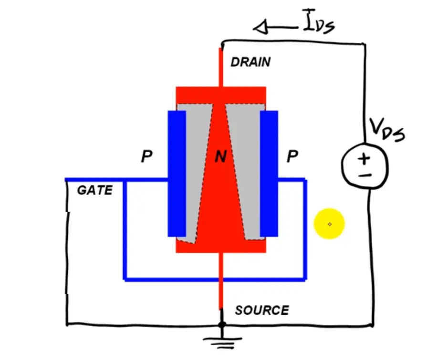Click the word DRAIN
[x=250, y=62]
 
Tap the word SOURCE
[x=262, y=310]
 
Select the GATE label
[x=95, y=190]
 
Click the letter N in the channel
[x=220, y=157]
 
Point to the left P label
[x=146, y=157]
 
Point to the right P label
[x=292, y=157]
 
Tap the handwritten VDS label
[x=387, y=129]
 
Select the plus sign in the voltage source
[x=364, y=158]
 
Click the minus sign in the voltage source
[x=364, y=175]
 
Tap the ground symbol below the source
[x=221, y=340]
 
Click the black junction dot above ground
[x=221, y=325]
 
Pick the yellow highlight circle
[x=329, y=224]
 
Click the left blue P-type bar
[x=177, y=174]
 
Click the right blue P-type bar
[x=269, y=174]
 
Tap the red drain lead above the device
[x=221, y=67]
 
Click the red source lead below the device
[x=221, y=281]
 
